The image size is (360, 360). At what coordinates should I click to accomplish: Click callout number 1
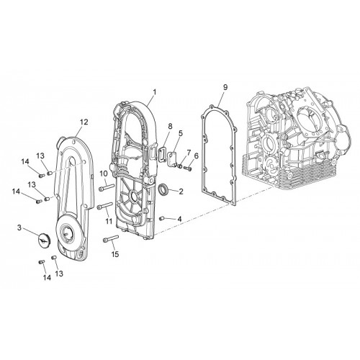[155, 92]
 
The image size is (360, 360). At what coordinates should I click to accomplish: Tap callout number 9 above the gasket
[225, 87]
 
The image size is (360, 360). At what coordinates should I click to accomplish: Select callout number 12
[84, 122]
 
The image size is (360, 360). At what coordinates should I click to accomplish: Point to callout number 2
[181, 192]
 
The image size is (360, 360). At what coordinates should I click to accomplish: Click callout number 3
[19, 228]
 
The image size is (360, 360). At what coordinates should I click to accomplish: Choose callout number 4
[179, 219]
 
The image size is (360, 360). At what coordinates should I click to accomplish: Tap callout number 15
[115, 254]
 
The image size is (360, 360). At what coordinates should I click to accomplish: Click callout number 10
[104, 173]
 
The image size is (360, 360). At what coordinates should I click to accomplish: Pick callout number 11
[109, 221]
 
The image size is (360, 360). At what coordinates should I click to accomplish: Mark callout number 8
[170, 126]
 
